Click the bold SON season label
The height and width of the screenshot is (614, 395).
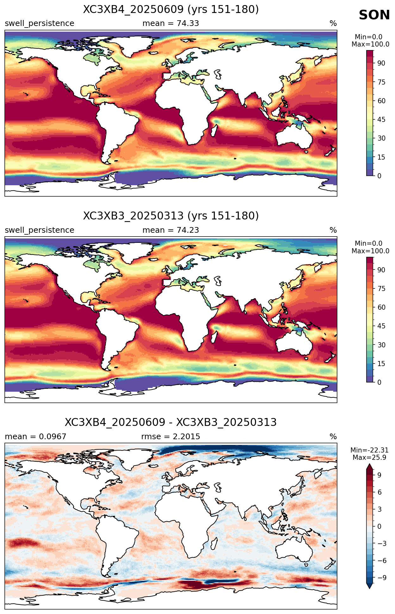click(x=374, y=15)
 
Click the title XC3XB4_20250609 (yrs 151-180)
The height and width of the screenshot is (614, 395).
click(x=171, y=9)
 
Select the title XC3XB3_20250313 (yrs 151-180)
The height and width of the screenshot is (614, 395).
click(x=171, y=216)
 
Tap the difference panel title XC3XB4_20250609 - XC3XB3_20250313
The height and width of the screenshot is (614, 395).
click(x=171, y=422)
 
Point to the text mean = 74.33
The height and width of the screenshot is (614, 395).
click(x=171, y=23)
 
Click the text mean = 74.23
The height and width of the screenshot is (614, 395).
click(x=171, y=230)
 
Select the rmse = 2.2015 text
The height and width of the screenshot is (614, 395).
click(x=171, y=437)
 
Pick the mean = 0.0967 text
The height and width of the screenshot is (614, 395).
click(x=35, y=437)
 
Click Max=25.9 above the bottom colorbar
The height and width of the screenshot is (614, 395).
click(x=369, y=458)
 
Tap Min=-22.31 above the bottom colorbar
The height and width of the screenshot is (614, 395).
click(x=369, y=450)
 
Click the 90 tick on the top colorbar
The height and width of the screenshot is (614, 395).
click(x=381, y=63)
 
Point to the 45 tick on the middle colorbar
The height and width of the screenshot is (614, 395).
click(x=381, y=326)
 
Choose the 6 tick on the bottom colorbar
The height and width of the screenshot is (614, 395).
click(x=379, y=492)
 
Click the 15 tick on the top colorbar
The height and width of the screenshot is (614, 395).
click(x=381, y=157)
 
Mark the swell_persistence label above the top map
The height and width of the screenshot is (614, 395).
click(x=40, y=23)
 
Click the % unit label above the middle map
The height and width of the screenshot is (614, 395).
click(x=333, y=230)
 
